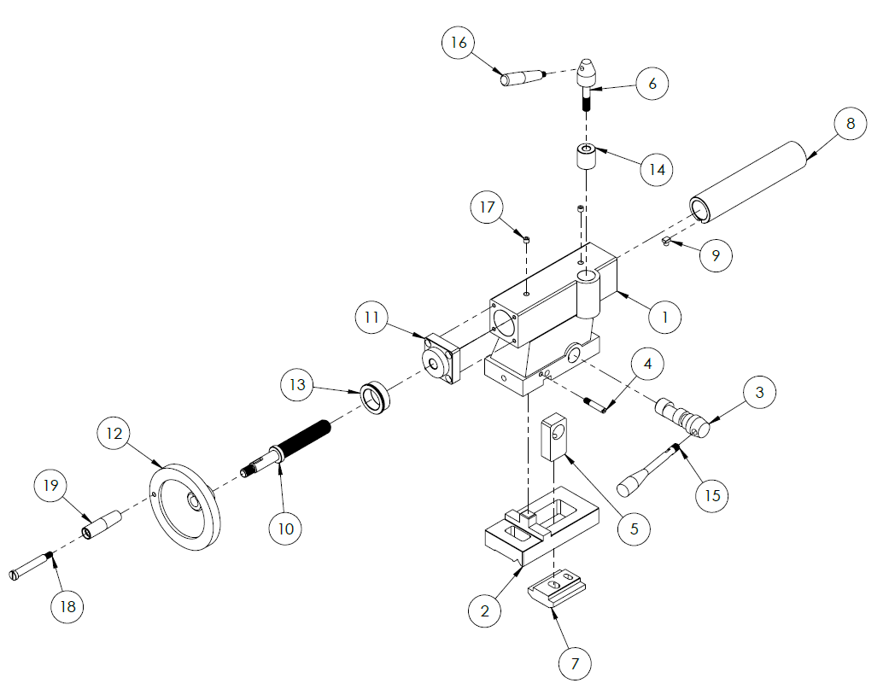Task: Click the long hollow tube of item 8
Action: click(x=750, y=184)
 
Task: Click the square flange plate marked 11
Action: click(x=443, y=361)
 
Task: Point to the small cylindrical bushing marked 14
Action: click(x=583, y=158)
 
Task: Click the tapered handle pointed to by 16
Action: click(x=523, y=79)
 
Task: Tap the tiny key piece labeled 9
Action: click(x=667, y=244)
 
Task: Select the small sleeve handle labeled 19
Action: click(x=101, y=524)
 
